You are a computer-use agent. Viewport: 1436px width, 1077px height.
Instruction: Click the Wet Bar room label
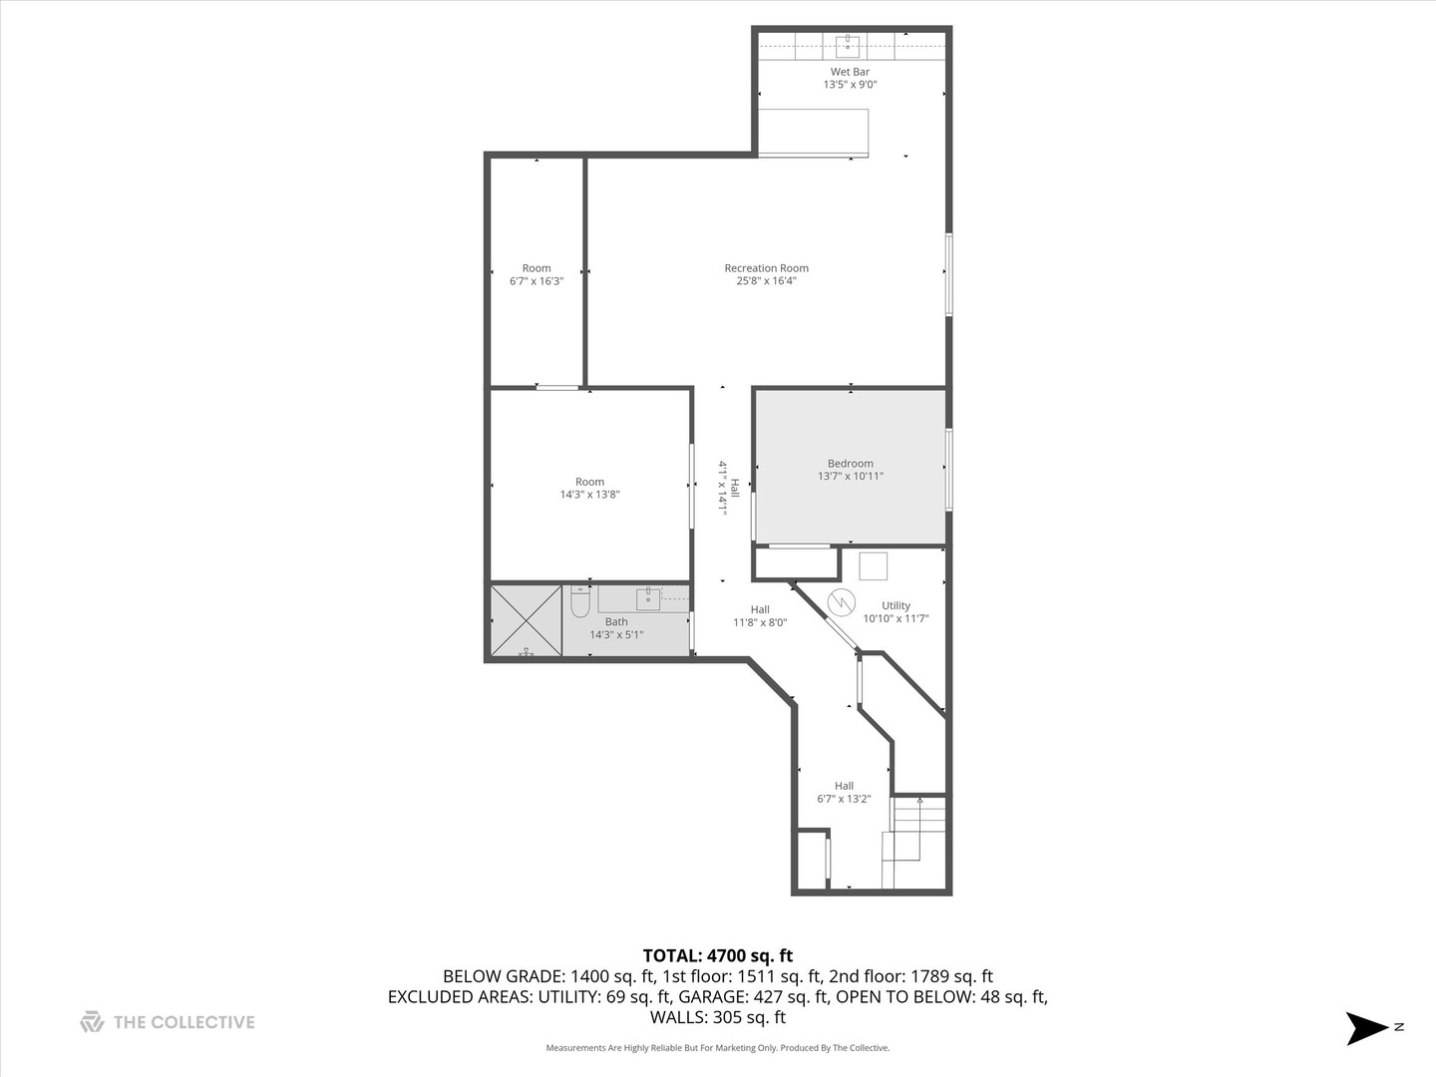point(850,72)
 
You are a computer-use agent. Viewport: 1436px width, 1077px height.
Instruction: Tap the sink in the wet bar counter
point(848,45)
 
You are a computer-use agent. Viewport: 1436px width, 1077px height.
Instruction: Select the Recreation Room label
point(766,268)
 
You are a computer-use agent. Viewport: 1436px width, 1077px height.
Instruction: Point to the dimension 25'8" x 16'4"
point(766,281)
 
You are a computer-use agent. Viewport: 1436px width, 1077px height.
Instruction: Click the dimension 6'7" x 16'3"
point(537,281)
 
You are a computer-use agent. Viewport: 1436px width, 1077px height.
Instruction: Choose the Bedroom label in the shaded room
point(850,464)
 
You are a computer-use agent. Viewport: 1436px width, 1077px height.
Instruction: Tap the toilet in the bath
point(580,602)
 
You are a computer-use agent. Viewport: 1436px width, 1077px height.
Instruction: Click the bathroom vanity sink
point(648,598)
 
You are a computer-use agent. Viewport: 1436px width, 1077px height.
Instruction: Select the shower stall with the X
point(526,620)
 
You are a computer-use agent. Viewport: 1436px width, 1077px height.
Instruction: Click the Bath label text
point(616,622)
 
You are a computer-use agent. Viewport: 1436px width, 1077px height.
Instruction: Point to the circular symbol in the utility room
point(842,601)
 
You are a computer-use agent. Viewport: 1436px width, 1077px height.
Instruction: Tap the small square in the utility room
point(873,565)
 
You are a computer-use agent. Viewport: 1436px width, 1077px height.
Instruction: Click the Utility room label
point(896,606)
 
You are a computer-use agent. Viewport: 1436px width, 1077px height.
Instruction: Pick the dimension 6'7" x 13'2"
point(844,799)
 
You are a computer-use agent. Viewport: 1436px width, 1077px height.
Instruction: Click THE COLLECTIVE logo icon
point(92,1022)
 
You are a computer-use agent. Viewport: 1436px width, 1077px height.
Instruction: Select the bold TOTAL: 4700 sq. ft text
point(717,956)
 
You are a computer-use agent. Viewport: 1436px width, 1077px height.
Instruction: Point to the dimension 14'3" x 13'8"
point(589,495)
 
